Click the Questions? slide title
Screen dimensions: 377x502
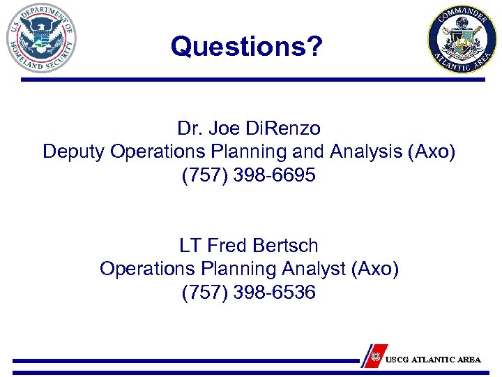click(247, 47)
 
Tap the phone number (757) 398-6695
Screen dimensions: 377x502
click(249, 175)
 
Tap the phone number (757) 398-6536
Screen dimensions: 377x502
click(249, 292)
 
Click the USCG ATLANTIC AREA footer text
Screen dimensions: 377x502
click(433, 360)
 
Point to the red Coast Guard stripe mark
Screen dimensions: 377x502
click(376, 355)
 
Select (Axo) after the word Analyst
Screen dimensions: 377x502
click(376, 269)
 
